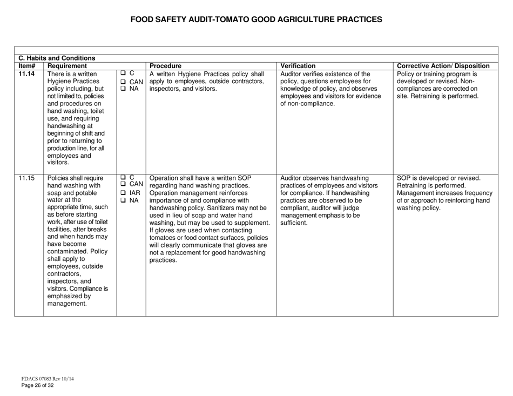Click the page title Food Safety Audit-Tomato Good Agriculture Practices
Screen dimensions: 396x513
click(x=256, y=19)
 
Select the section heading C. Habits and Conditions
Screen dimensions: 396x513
click(x=57, y=58)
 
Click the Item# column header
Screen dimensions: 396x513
click(x=26, y=66)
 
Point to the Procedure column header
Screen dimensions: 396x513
click(x=165, y=66)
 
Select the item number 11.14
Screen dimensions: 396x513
click(x=27, y=74)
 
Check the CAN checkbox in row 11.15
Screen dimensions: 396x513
click(x=124, y=185)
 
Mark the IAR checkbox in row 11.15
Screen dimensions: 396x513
click(x=124, y=193)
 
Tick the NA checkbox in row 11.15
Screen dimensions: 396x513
click(x=124, y=201)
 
